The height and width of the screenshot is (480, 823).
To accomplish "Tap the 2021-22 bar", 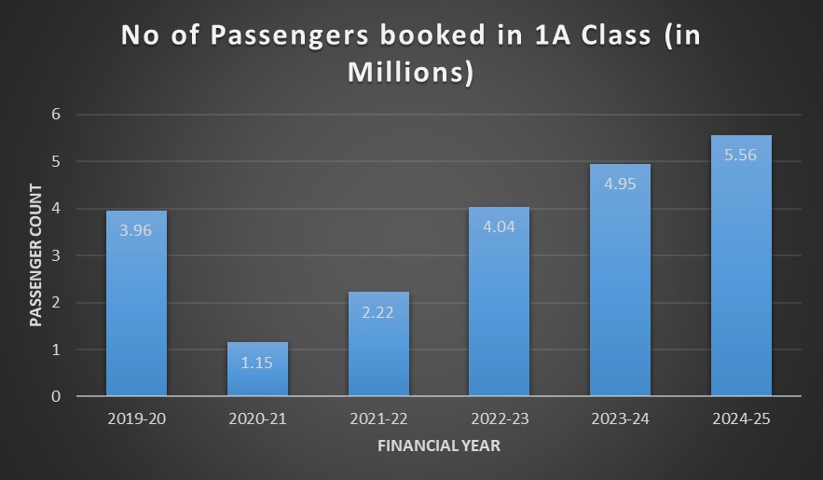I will [x=378, y=344].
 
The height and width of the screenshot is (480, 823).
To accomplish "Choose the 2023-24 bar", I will [x=620, y=280].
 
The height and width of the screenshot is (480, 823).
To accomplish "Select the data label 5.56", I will [x=741, y=154].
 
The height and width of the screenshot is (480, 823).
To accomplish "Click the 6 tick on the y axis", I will [x=55, y=115].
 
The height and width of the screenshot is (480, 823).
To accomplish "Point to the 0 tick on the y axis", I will [x=55, y=396].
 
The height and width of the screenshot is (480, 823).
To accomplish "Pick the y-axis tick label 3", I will [x=55, y=255].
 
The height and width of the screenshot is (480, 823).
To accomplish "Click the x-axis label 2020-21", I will [x=257, y=419].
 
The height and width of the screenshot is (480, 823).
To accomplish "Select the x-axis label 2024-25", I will [x=741, y=419].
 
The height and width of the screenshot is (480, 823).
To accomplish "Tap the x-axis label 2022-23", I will [x=499, y=419].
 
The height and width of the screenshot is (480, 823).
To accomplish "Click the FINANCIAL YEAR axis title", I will [x=438, y=446].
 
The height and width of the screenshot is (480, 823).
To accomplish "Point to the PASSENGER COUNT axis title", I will [x=36, y=255].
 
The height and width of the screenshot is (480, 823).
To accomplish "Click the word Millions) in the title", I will [x=411, y=72].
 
